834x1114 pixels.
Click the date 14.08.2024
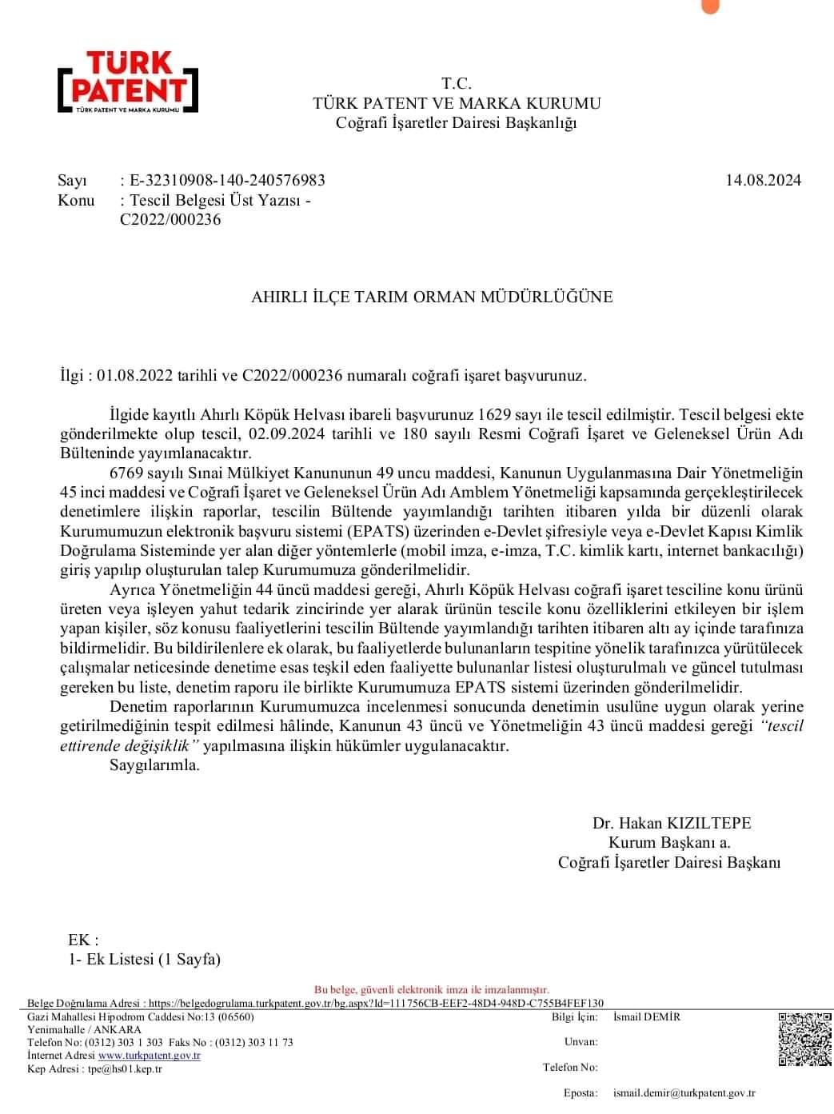[x=763, y=181]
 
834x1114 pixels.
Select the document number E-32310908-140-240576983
[x=227, y=181]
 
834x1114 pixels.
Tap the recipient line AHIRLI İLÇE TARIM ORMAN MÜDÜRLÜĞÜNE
[x=432, y=297]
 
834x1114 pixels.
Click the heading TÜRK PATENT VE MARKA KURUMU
[x=457, y=103]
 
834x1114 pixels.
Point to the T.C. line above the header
[x=457, y=84]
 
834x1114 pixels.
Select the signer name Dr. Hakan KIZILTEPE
[x=672, y=823]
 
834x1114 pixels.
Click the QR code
[x=805, y=1039]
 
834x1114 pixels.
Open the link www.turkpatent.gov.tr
[x=149, y=1056]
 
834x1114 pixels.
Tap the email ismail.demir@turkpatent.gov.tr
[x=684, y=1092]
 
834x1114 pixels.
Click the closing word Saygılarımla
[x=154, y=765]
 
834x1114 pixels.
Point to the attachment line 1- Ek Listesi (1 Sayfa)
[x=144, y=959]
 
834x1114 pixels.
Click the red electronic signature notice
[x=432, y=989]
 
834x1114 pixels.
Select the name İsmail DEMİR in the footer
[x=646, y=1017]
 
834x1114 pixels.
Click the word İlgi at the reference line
[x=72, y=376]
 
